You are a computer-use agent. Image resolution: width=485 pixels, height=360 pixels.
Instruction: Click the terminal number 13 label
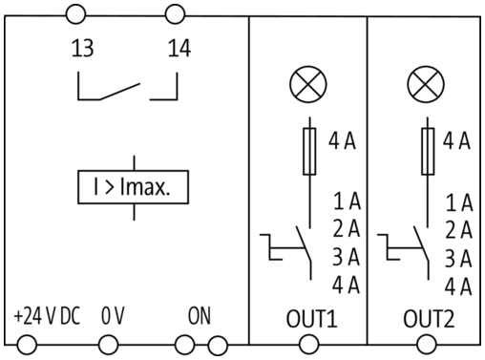[82, 48]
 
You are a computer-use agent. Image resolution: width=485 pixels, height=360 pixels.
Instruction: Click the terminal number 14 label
[179, 48]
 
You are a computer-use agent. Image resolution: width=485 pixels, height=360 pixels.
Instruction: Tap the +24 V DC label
[47, 316]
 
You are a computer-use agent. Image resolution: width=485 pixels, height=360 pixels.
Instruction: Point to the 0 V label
[113, 316]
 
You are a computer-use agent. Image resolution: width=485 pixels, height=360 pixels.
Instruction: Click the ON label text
[200, 316]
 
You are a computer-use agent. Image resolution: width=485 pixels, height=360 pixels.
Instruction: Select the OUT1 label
[311, 319]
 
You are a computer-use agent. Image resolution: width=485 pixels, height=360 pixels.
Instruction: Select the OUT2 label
[429, 319]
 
